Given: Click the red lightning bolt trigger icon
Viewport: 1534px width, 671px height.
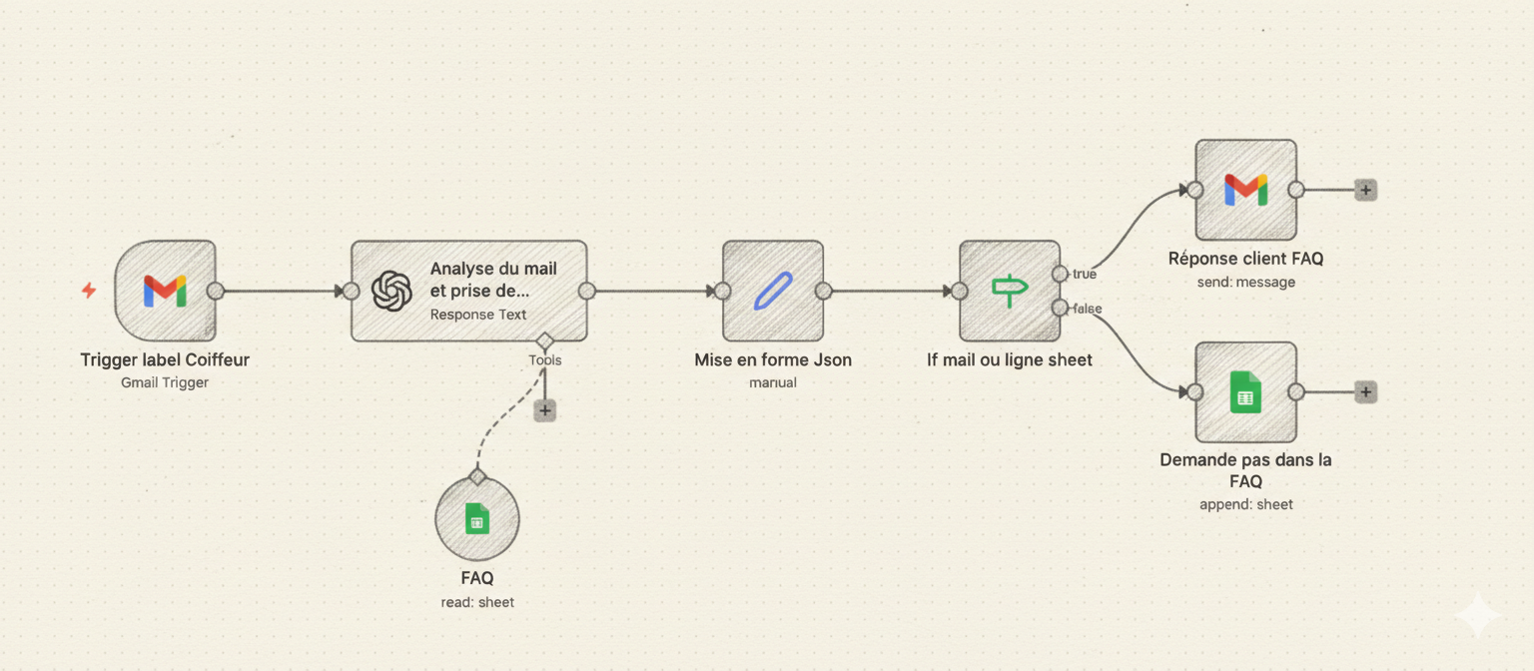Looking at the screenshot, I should pos(89,291).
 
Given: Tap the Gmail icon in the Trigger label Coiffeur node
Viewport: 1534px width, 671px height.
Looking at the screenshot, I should pos(165,291).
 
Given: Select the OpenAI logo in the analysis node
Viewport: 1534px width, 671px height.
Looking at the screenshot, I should pos(391,291).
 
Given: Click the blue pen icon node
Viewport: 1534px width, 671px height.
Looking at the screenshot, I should pos(772,291).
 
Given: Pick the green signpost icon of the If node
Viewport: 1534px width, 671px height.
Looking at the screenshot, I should pos(1009,291).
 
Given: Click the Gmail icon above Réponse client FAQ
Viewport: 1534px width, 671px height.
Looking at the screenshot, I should pos(1245,190).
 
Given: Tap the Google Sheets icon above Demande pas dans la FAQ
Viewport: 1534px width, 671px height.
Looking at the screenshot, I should pos(1245,392).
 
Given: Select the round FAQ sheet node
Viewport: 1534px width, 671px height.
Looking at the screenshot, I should pos(477,519).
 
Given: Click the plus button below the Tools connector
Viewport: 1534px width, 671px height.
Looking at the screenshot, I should pos(544,409).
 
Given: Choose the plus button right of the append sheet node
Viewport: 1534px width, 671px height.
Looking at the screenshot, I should pos(1365,392).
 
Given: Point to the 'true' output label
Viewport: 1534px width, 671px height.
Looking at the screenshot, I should pos(1084,274).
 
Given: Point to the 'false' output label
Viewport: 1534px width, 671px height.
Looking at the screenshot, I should pos(1087,309).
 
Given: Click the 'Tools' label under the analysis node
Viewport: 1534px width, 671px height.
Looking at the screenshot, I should pos(545,360).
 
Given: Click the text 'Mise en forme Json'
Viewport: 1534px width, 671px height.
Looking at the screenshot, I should pos(773,359).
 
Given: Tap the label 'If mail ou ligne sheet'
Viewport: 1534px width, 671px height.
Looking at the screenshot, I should pos(1009,359).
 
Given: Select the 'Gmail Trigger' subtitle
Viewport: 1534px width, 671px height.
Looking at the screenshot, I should pos(165,382).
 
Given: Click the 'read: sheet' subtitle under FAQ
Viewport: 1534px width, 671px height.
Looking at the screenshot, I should pos(477,602).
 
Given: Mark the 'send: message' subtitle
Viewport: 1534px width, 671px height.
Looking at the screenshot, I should pos(1245,283).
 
